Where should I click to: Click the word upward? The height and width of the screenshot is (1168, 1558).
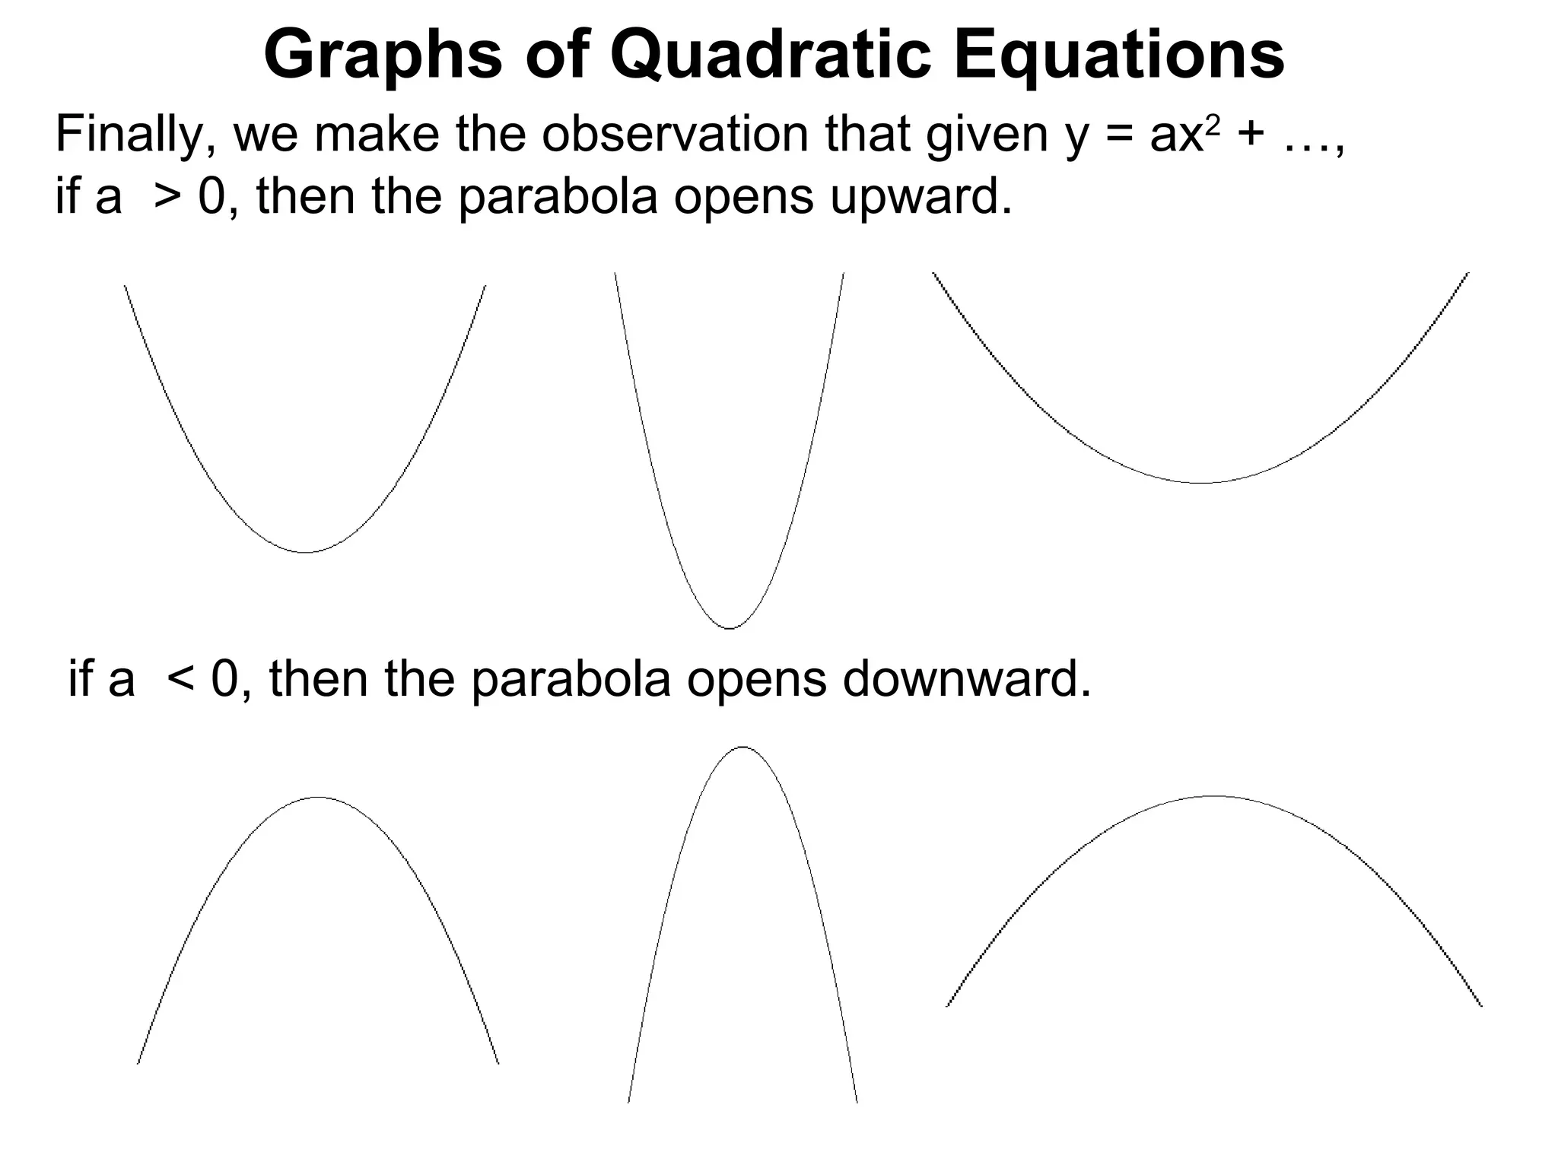[920, 197]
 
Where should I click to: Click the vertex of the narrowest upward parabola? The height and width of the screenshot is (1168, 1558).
[730, 628]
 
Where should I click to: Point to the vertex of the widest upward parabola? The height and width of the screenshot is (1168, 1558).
[1201, 482]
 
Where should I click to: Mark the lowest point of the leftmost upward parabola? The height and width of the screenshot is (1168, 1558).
[304, 551]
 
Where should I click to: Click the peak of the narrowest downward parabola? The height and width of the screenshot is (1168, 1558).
[742, 747]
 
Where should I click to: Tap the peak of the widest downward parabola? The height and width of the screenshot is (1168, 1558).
[1214, 796]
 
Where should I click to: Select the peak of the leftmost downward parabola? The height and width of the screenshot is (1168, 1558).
[318, 798]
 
